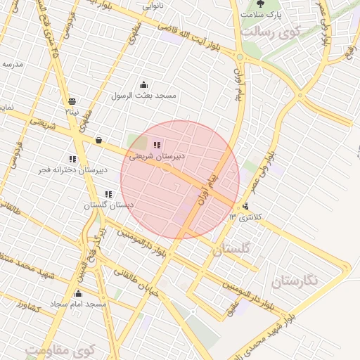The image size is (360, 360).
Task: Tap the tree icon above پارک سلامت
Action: coord(260,4)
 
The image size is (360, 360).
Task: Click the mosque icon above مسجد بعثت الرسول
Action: coord(144,85)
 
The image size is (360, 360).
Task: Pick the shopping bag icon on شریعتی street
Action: coord(98,139)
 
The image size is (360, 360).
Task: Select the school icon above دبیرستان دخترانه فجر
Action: coord(72,160)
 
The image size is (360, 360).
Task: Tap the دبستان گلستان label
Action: coord(109,205)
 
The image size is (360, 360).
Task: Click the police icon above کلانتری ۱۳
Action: coord(245,206)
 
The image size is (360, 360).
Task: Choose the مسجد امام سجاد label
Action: coord(78,304)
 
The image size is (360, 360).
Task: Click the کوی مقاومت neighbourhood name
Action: coord(60,349)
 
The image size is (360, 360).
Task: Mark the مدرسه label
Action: coord(13,63)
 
